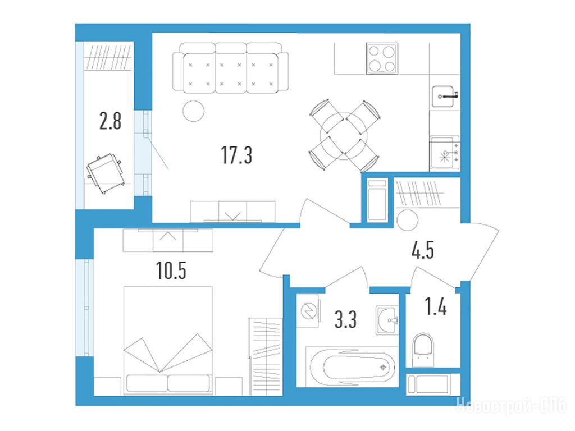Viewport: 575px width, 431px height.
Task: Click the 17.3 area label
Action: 236,155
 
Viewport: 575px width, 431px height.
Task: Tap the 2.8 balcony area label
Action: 110,121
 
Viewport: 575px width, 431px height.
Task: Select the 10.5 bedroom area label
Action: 171,271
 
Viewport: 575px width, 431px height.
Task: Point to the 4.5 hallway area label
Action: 423,251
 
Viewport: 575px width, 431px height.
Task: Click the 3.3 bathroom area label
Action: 345,319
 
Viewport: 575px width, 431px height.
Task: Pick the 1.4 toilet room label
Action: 436,306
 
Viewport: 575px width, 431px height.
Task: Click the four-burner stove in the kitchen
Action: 382,58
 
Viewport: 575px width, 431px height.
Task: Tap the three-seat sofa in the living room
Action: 230,68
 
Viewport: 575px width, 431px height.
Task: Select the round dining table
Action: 343,136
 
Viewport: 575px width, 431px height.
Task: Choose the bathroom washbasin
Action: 387,320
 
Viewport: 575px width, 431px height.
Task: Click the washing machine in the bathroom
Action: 308,311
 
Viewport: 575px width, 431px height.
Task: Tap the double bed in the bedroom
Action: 168,341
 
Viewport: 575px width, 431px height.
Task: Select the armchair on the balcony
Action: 105,173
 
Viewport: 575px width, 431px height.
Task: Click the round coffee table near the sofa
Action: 193,111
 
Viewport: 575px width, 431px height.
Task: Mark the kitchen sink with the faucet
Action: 445,97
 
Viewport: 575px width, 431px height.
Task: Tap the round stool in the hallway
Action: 407,220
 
